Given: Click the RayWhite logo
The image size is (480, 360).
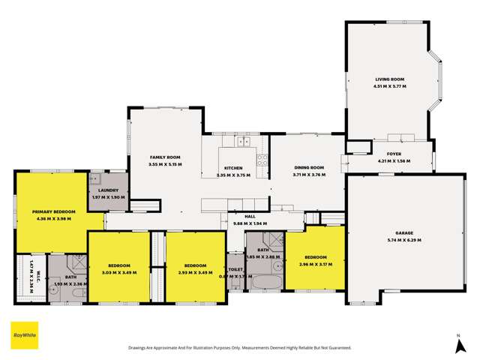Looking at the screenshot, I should point(25,334).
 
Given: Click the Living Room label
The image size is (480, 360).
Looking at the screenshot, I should point(390,79).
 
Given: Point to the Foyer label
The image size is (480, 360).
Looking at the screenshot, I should point(394,153).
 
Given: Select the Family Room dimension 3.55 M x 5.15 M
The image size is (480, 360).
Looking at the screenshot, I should point(165,163).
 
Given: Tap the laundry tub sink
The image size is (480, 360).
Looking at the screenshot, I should point(96,180).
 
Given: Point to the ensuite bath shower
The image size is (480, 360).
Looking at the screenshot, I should point(78,262).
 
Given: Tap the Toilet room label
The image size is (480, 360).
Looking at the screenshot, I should point(235,268).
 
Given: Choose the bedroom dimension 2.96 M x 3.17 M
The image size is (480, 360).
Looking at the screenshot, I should point(314,264).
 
